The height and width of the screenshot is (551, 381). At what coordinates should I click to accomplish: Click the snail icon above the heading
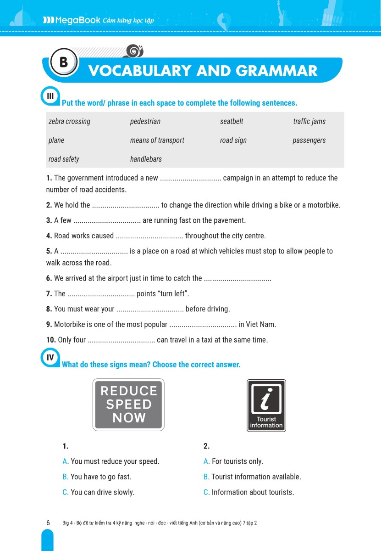(x=134, y=51)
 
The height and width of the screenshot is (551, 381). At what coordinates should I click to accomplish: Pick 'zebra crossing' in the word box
(x=69, y=121)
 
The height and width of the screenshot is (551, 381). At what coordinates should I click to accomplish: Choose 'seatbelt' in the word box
(x=232, y=121)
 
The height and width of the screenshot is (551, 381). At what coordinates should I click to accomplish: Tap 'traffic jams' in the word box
(x=309, y=121)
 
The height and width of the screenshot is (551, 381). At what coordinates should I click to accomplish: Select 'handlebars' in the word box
(x=146, y=159)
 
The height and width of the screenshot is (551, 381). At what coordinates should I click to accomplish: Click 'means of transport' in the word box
(x=157, y=140)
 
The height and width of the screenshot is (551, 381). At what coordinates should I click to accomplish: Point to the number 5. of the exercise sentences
(x=49, y=251)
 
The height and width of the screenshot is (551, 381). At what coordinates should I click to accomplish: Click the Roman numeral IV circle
(x=50, y=357)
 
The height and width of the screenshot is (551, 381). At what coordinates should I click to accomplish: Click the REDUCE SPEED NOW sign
(x=128, y=405)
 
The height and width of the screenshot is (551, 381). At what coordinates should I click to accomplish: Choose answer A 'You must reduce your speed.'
(x=110, y=461)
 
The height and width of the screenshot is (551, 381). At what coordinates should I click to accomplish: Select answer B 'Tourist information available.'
(x=252, y=477)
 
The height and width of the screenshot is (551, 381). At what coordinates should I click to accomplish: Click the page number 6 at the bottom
(x=48, y=523)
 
